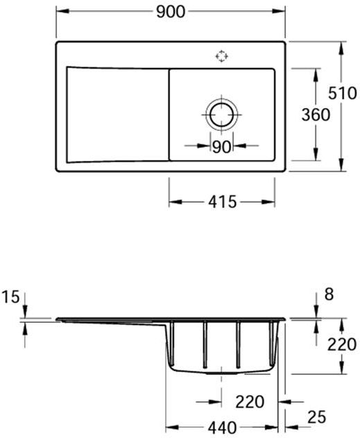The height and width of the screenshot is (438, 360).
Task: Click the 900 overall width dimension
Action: tap(171, 12)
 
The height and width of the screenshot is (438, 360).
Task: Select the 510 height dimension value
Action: tap(343, 93)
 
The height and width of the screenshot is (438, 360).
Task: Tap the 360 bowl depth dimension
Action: tap(316, 115)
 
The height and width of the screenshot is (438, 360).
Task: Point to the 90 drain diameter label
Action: tap(222, 147)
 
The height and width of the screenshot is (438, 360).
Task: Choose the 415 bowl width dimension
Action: tap(223, 202)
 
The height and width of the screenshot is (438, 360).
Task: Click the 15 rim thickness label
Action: tap(11, 297)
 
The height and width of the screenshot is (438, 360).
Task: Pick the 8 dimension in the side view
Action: tap(329, 295)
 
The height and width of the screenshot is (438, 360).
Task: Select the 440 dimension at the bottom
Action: tap(222, 428)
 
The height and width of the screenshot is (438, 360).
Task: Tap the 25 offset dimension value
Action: tap(317, 417)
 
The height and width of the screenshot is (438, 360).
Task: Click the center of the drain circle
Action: tap(222, 115)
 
